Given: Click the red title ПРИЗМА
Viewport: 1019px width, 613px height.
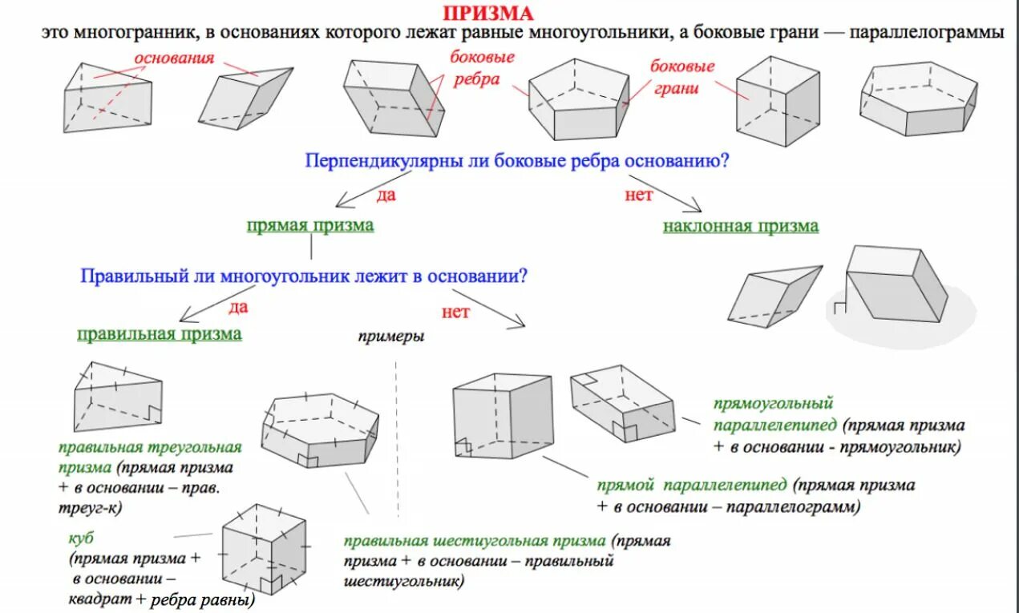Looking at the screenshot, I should (x=487, y=14).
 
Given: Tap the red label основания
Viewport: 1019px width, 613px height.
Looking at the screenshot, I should (x=174, y=58).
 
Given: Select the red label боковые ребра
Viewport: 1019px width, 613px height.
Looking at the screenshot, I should (x=481, y=68).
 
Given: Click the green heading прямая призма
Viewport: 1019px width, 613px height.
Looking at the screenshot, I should (x=310, y=226).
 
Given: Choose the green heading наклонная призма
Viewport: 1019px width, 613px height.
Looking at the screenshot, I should (x=741, y=227).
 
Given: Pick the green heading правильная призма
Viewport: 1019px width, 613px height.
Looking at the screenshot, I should (x=159, y=334).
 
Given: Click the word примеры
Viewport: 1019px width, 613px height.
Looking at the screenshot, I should (x=390, y=337).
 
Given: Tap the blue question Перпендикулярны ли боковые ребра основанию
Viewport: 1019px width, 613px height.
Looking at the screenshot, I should (x=516, y=160).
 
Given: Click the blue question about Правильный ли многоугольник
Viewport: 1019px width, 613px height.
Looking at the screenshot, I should (x=304, y=276).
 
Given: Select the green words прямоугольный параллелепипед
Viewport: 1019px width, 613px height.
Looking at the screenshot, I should (x=774, y=413).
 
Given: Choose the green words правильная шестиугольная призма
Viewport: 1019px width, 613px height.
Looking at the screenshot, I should (x=475, y=542).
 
